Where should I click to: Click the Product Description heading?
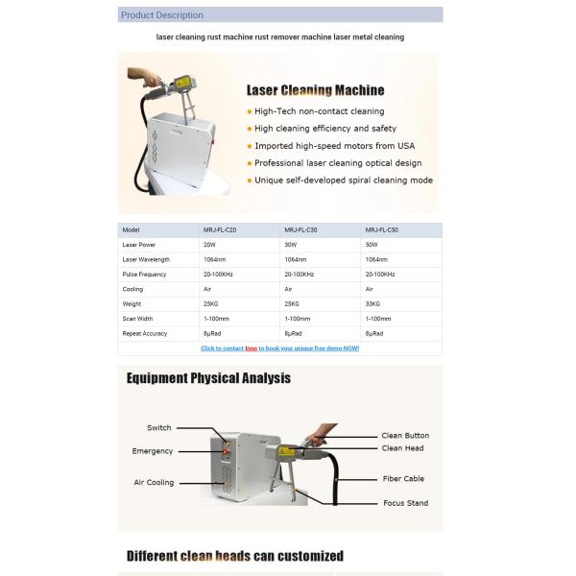click(x=162, y=15)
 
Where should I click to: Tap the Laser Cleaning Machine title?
click(x=315, y=90)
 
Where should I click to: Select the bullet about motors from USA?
click(x=335, y=146)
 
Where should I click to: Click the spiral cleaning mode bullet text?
click(x=344, y=180)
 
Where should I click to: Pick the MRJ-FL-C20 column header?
click(x=220, y=230)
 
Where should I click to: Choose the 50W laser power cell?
click(x=372, y=245)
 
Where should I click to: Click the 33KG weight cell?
click(x=372, y=303)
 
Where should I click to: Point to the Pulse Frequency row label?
click(x=144, y=275)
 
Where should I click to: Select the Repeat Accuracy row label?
click(x=144, y=333)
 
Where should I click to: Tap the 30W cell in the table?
click(x=291, y=245)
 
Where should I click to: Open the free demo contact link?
click(x=280, y=348)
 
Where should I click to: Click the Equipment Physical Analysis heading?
click(x=208, y=378)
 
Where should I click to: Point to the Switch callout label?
click(x=159, y=427)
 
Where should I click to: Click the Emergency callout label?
click(x=152, y=451)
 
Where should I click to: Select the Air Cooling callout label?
click(x=154, y=482)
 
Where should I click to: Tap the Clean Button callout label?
click(x=405, y=435)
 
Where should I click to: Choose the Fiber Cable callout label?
click(x=403, y=479)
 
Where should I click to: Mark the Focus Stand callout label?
click(x=405, y=503)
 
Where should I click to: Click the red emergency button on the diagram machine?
click(x=226, y=451)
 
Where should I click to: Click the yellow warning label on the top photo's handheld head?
click(x=182, y=83)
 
